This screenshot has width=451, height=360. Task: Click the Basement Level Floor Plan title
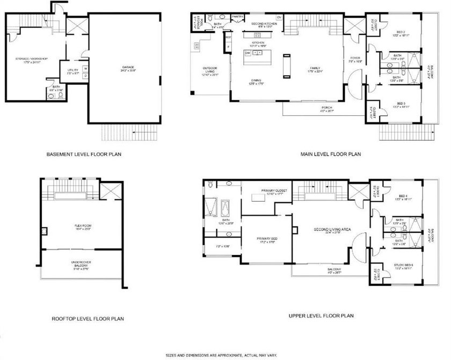click(x=84, y=155)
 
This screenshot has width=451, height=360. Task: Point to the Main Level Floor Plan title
click(x=330, y=155)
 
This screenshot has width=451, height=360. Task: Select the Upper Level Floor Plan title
click(x=321, y=316)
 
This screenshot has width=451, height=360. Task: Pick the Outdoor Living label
click(x=209, y=69)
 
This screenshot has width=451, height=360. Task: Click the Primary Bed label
click(x=266, y=240)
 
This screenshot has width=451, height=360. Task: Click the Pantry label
click(x=238, y=17)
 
